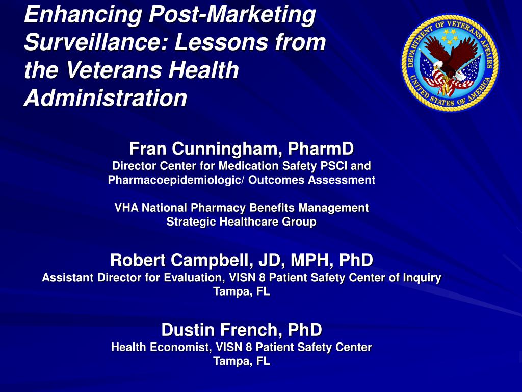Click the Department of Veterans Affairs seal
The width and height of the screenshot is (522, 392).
450,62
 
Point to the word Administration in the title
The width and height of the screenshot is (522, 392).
105,97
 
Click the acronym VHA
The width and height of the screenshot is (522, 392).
126,208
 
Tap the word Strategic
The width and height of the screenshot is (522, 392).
192,222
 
